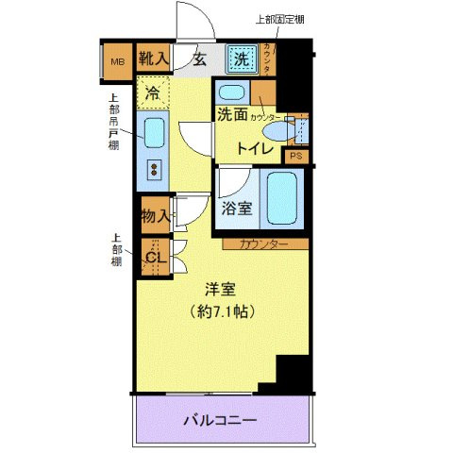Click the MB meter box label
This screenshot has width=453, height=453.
point(118,63)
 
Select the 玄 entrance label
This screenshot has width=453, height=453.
point(200,59)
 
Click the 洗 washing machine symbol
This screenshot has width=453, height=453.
point(242,59)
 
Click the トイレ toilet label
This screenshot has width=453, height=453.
point(255,147)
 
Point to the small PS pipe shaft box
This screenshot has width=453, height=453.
point(295,157)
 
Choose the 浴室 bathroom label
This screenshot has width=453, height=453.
point(237,209)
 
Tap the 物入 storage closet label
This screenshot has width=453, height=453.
point(156,216)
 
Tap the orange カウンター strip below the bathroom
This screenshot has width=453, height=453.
point(263,243)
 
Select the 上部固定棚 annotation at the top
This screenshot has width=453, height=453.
point(280,19)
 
